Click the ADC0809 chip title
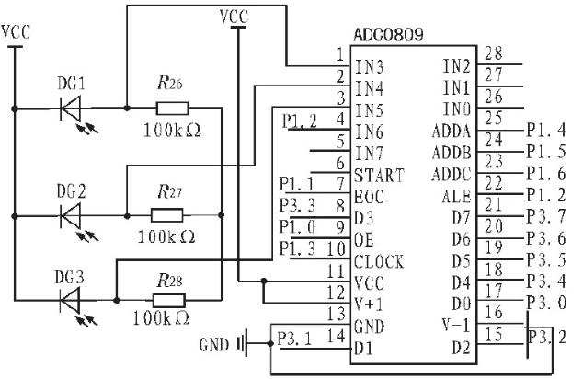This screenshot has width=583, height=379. [x=388, y=35]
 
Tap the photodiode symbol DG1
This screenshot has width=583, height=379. [x=70, y=109]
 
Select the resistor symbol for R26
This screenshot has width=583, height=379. [x=172, y=109]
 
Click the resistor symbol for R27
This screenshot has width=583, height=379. [x=167, y=215]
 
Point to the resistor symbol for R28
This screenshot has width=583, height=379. [x=169, y=300]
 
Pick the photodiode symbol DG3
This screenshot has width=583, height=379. [x=70, y=300]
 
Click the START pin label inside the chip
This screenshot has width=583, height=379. [x=379, y=175]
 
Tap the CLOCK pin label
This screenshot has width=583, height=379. [x=379, y=261]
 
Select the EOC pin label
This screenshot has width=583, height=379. [x=369, y=197]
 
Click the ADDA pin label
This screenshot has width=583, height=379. [x=452, y=132]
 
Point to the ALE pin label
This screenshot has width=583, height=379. [x=457, y=197]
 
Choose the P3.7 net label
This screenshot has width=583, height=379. [x=546, y=216]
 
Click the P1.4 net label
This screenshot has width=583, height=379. [x=546, y=131]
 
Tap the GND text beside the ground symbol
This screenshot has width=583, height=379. [x=213, y=345]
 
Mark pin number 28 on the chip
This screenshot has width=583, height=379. [x=494, y=53]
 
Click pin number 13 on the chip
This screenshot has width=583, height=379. [x=337, y=315]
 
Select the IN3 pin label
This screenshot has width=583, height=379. [x=370, y=67]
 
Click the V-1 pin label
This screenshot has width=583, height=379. [x=456, y=326]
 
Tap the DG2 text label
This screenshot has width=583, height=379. [x=71, y=191]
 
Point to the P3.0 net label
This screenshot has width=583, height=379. [x=546, y=303]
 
